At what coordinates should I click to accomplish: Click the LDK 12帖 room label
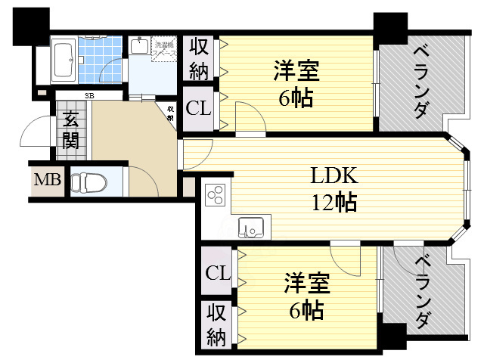click(334, 189)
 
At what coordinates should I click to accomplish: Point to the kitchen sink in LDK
click(250, 226)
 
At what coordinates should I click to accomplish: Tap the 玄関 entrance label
click(70, 129)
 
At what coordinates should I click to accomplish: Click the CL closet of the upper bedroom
click(198, 107)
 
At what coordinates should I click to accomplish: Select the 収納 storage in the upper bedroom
click(199, 59)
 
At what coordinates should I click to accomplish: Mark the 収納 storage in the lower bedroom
click(216, 324)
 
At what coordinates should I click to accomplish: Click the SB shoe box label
click(89, 96)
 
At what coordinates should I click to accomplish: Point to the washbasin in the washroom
click(139, 47)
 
